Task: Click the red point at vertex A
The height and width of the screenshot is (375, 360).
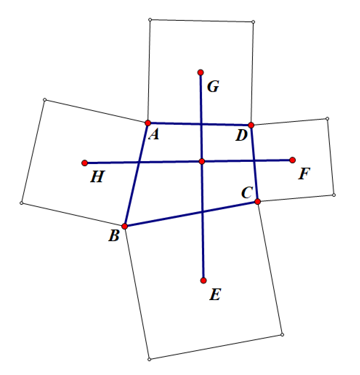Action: [148, 123]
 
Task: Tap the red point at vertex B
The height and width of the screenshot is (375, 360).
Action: [125, 226]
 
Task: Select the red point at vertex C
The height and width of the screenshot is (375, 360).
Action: [258, 202]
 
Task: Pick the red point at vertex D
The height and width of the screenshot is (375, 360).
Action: [251, 125]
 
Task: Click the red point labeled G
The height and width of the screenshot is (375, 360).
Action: [200, 72]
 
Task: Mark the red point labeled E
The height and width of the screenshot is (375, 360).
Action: [203, 280]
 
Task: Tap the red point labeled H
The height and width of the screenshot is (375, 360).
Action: [85, 163]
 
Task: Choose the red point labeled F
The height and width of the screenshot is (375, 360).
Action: [293, 160]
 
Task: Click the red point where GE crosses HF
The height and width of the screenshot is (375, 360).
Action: [202, 161]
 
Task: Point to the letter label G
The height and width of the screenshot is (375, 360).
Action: [213, 87]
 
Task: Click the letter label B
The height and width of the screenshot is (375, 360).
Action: [114, 236]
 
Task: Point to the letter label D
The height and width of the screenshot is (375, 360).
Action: [241, 136]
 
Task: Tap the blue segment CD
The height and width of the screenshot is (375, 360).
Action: [254, 164]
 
